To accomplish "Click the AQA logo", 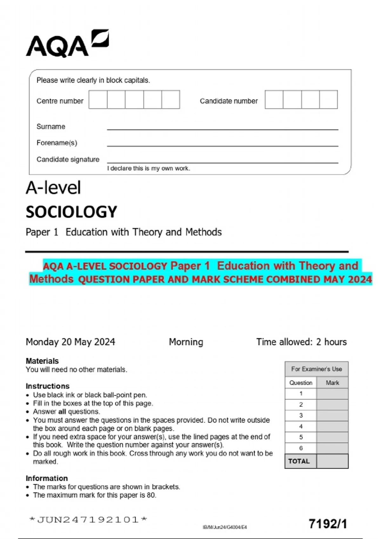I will point(67,44).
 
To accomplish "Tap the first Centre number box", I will point(98,100).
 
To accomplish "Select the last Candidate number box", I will point(328,100).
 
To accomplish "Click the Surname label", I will point(51,127).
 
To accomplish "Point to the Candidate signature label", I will point(68,159).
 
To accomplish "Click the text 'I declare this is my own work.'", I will point(149,168).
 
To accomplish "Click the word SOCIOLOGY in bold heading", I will point(71,212).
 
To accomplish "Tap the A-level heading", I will point(53,188).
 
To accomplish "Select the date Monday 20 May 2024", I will point(70,342).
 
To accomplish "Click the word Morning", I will point(186,342).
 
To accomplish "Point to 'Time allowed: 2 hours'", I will point(301,342).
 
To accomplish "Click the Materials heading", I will point(42,361).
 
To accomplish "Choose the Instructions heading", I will point(48,386).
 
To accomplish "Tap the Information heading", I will point(47,478).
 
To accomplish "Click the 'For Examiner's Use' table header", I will point(317,369).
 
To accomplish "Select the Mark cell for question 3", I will point(332,415).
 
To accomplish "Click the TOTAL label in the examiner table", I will point(299,461).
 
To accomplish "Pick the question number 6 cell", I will point(301,448).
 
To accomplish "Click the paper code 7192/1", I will point(328,523).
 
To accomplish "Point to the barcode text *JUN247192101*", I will point(88,519).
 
